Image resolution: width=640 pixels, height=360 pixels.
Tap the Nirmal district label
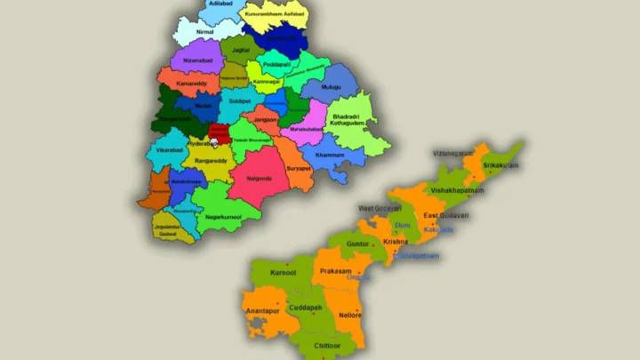tap(204, 32)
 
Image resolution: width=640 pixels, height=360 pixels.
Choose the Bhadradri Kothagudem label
tap(351, 120)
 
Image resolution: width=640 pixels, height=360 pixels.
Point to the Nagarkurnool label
tap(223, 216)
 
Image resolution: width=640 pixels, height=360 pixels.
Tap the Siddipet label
tap(240, 102)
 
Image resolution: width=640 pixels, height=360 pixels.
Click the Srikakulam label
tap(498, 166)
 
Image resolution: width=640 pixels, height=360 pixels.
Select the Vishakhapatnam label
tap(458, 190)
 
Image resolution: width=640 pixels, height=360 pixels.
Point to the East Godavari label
tap(446, 216)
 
